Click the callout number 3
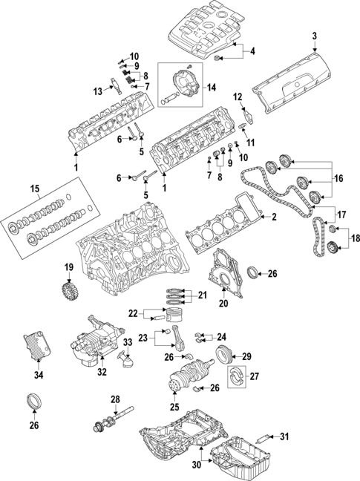point(314,36)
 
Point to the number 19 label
point(68,267)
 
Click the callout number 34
point(40,375)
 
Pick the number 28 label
point(115,400)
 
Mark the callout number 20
point(223,303)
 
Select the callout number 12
point(238,96)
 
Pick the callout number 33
point(128,342)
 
